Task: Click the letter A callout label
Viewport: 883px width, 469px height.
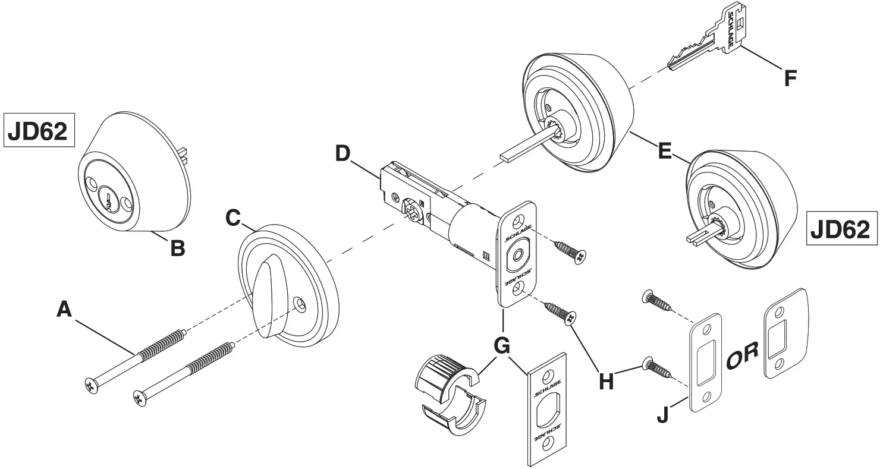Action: pyautogui.click(x=64, y=310)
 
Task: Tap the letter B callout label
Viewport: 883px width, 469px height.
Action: pyautogui.click(x=177, y=248)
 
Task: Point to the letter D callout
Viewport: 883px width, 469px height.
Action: pyautogui.click(x=343, y=153)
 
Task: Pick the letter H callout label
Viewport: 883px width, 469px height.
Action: pyautogui.click(x=605, y=382)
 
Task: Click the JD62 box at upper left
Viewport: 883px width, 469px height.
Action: pyautogui.click(x=40, y=130)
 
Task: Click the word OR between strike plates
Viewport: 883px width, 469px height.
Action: pyautogui.click(x=741, y=355)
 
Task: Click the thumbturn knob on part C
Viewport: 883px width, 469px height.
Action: pyautogui.click(x=272, y=297)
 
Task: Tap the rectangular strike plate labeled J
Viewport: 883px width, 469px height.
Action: pyautogui.click(x=706, y=363)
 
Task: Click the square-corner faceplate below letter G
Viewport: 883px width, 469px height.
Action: pyautogui.click(x=546, y=410)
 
